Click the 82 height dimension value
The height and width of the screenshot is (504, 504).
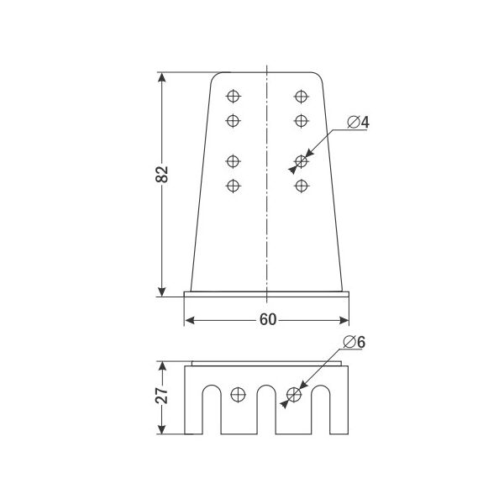(x=161, y=175)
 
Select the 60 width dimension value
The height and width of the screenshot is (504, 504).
(x=268, y=319)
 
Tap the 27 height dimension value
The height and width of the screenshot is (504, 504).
(x=161, y=396)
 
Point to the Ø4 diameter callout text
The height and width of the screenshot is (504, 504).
(x=359, y=122)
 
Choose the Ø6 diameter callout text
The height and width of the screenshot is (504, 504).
(x=354, y=342)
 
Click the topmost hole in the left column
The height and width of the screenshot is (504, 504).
(x=233, y=96)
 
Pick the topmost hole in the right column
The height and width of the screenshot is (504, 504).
(x=302, y=96)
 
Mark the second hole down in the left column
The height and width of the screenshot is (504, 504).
(x=233, y=121)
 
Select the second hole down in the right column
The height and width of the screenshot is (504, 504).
(x=302, y=121)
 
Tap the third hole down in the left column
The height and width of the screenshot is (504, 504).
(x=233, y=161)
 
